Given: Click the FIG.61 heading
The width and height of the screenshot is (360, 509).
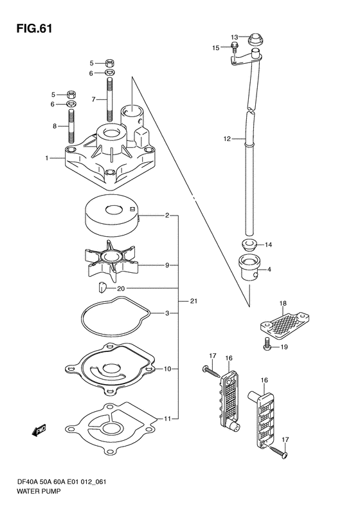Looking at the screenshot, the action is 34,28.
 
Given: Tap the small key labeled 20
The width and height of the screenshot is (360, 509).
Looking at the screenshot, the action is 102,287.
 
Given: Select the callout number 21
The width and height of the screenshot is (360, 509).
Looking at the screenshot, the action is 194,301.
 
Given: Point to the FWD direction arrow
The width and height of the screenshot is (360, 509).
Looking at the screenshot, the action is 39,430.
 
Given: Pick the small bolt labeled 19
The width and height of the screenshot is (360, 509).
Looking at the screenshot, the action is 267,344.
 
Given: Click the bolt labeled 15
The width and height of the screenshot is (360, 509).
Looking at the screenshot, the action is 234,47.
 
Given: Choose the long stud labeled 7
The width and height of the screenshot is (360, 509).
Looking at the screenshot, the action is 110,100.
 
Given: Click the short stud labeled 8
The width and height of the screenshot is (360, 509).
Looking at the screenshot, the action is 71,126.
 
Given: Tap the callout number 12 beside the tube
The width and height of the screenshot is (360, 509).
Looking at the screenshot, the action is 227,139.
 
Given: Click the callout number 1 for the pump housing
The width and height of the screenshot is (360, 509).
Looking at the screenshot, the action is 47,158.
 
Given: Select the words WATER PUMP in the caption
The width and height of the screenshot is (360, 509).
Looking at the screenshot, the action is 39,492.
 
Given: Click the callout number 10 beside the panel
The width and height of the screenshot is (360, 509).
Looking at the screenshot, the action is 167,369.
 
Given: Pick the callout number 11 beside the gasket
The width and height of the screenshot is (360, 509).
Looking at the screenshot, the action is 167,418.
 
